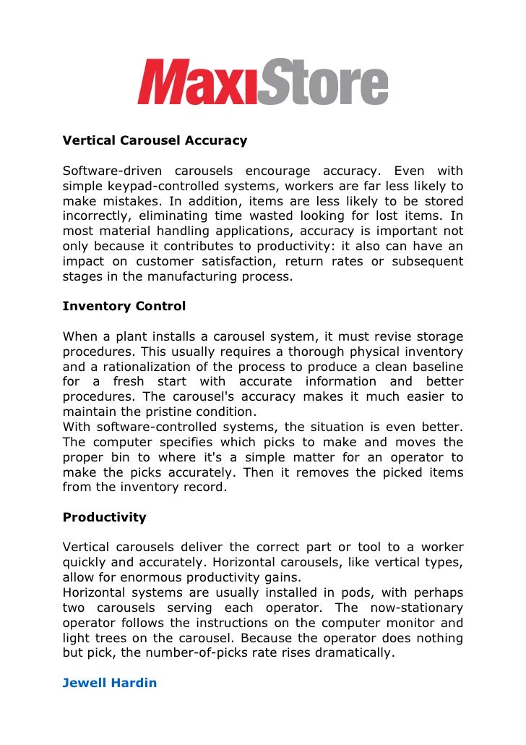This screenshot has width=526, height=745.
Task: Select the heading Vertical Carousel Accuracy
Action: [x=155, y=140]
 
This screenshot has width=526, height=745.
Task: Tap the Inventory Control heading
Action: [x=124, y=306]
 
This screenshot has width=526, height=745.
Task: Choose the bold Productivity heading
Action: [x=104, y=517]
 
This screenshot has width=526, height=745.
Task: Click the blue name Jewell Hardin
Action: [x=110, y=682]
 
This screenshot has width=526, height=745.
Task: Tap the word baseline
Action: [x=435, y=367]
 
